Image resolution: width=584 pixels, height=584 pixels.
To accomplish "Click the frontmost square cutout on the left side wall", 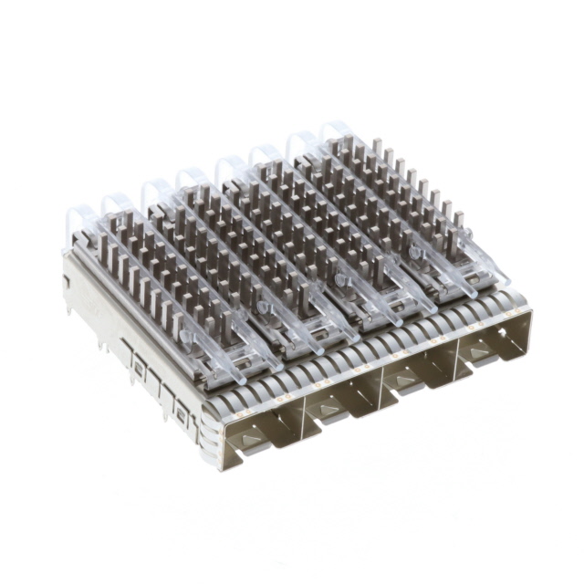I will [182, 415].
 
